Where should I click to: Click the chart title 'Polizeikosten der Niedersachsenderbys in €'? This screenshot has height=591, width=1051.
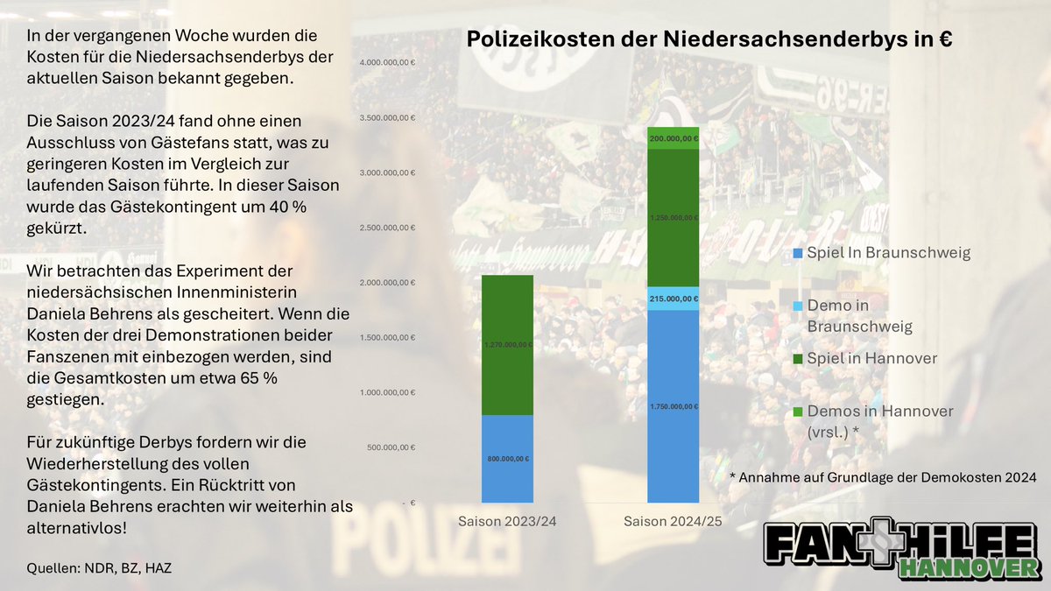click(709, 40)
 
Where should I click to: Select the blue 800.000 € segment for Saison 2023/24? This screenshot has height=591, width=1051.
click(507, 458)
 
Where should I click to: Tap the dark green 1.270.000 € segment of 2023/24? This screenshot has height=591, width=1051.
click(507, 345)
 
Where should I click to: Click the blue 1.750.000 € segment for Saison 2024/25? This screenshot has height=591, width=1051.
click(674, 406)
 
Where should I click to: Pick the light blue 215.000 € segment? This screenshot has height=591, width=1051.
click(674, 299)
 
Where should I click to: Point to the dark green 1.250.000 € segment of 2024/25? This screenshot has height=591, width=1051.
click(674, 217)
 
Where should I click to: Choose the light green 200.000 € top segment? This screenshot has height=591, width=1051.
click(674, 138)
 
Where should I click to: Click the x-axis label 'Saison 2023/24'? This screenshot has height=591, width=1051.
click(507, 522)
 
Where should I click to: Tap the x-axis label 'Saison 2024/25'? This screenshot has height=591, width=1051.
click(674, 522)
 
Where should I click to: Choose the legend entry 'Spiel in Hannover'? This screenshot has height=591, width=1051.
click(867, 358)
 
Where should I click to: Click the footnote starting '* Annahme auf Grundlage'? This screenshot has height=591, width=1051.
click(883, 477)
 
